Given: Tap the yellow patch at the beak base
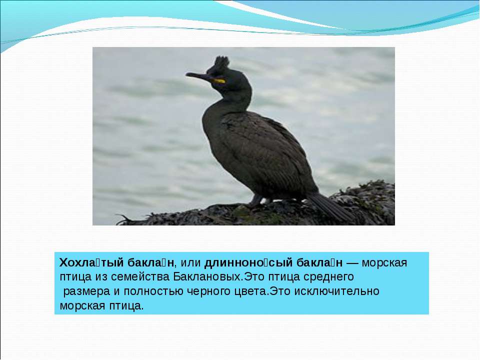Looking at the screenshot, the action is [x=219, y=81].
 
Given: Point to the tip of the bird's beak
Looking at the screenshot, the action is [x=186, y=74].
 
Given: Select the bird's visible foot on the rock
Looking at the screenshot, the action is [x=254, y=201].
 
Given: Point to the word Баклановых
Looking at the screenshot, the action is [x=208, y=276].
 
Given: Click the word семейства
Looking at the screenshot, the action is [x=140, y=277].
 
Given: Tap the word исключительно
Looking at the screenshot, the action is [x=336, y=291].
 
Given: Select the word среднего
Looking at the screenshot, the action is [x=328, y=277].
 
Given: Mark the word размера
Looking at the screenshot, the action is [x=86, y=291].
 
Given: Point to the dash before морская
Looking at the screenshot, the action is [x=352, y=263].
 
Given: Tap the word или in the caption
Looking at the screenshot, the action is [x=190, y=263].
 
